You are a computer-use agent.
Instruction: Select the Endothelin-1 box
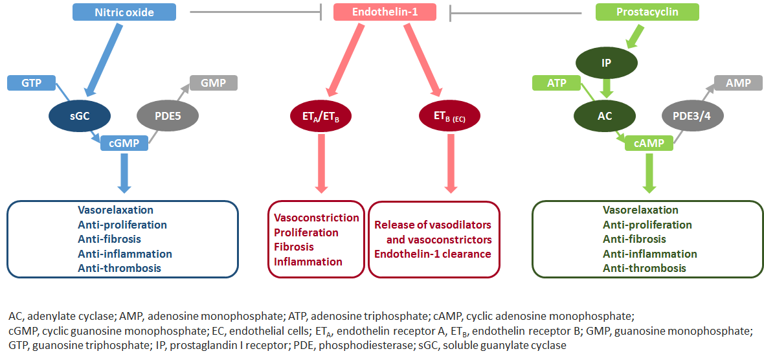(385, 12)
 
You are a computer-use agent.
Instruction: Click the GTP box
(31, 83)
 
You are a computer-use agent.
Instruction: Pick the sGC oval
(80, 117)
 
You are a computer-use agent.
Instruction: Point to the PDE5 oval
(168, 117)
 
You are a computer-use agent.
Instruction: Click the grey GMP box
(213, 83)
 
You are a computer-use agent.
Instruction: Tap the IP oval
(606, 63)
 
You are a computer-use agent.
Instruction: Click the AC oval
(605, 117)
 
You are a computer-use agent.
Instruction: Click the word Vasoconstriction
(316, 218)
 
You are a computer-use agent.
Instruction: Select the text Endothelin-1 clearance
(433, 254)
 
